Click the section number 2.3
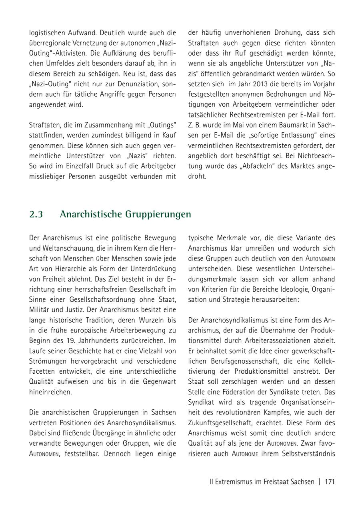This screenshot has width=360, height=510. coord(36,214)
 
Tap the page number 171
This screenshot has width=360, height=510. coord(330,482)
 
